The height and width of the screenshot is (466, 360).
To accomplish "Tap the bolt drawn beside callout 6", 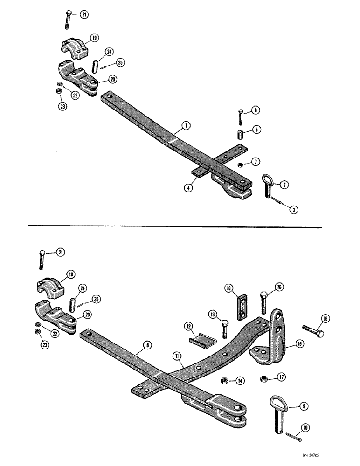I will (x=241, y=116).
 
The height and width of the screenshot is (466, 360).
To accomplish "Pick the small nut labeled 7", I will (x=239, y=164).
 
